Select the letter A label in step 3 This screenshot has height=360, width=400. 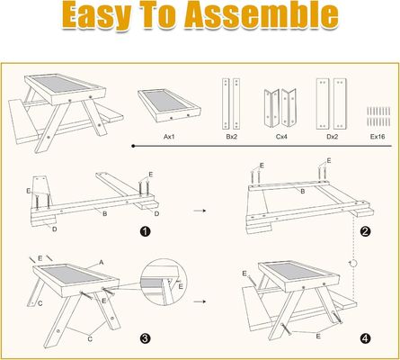102,261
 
